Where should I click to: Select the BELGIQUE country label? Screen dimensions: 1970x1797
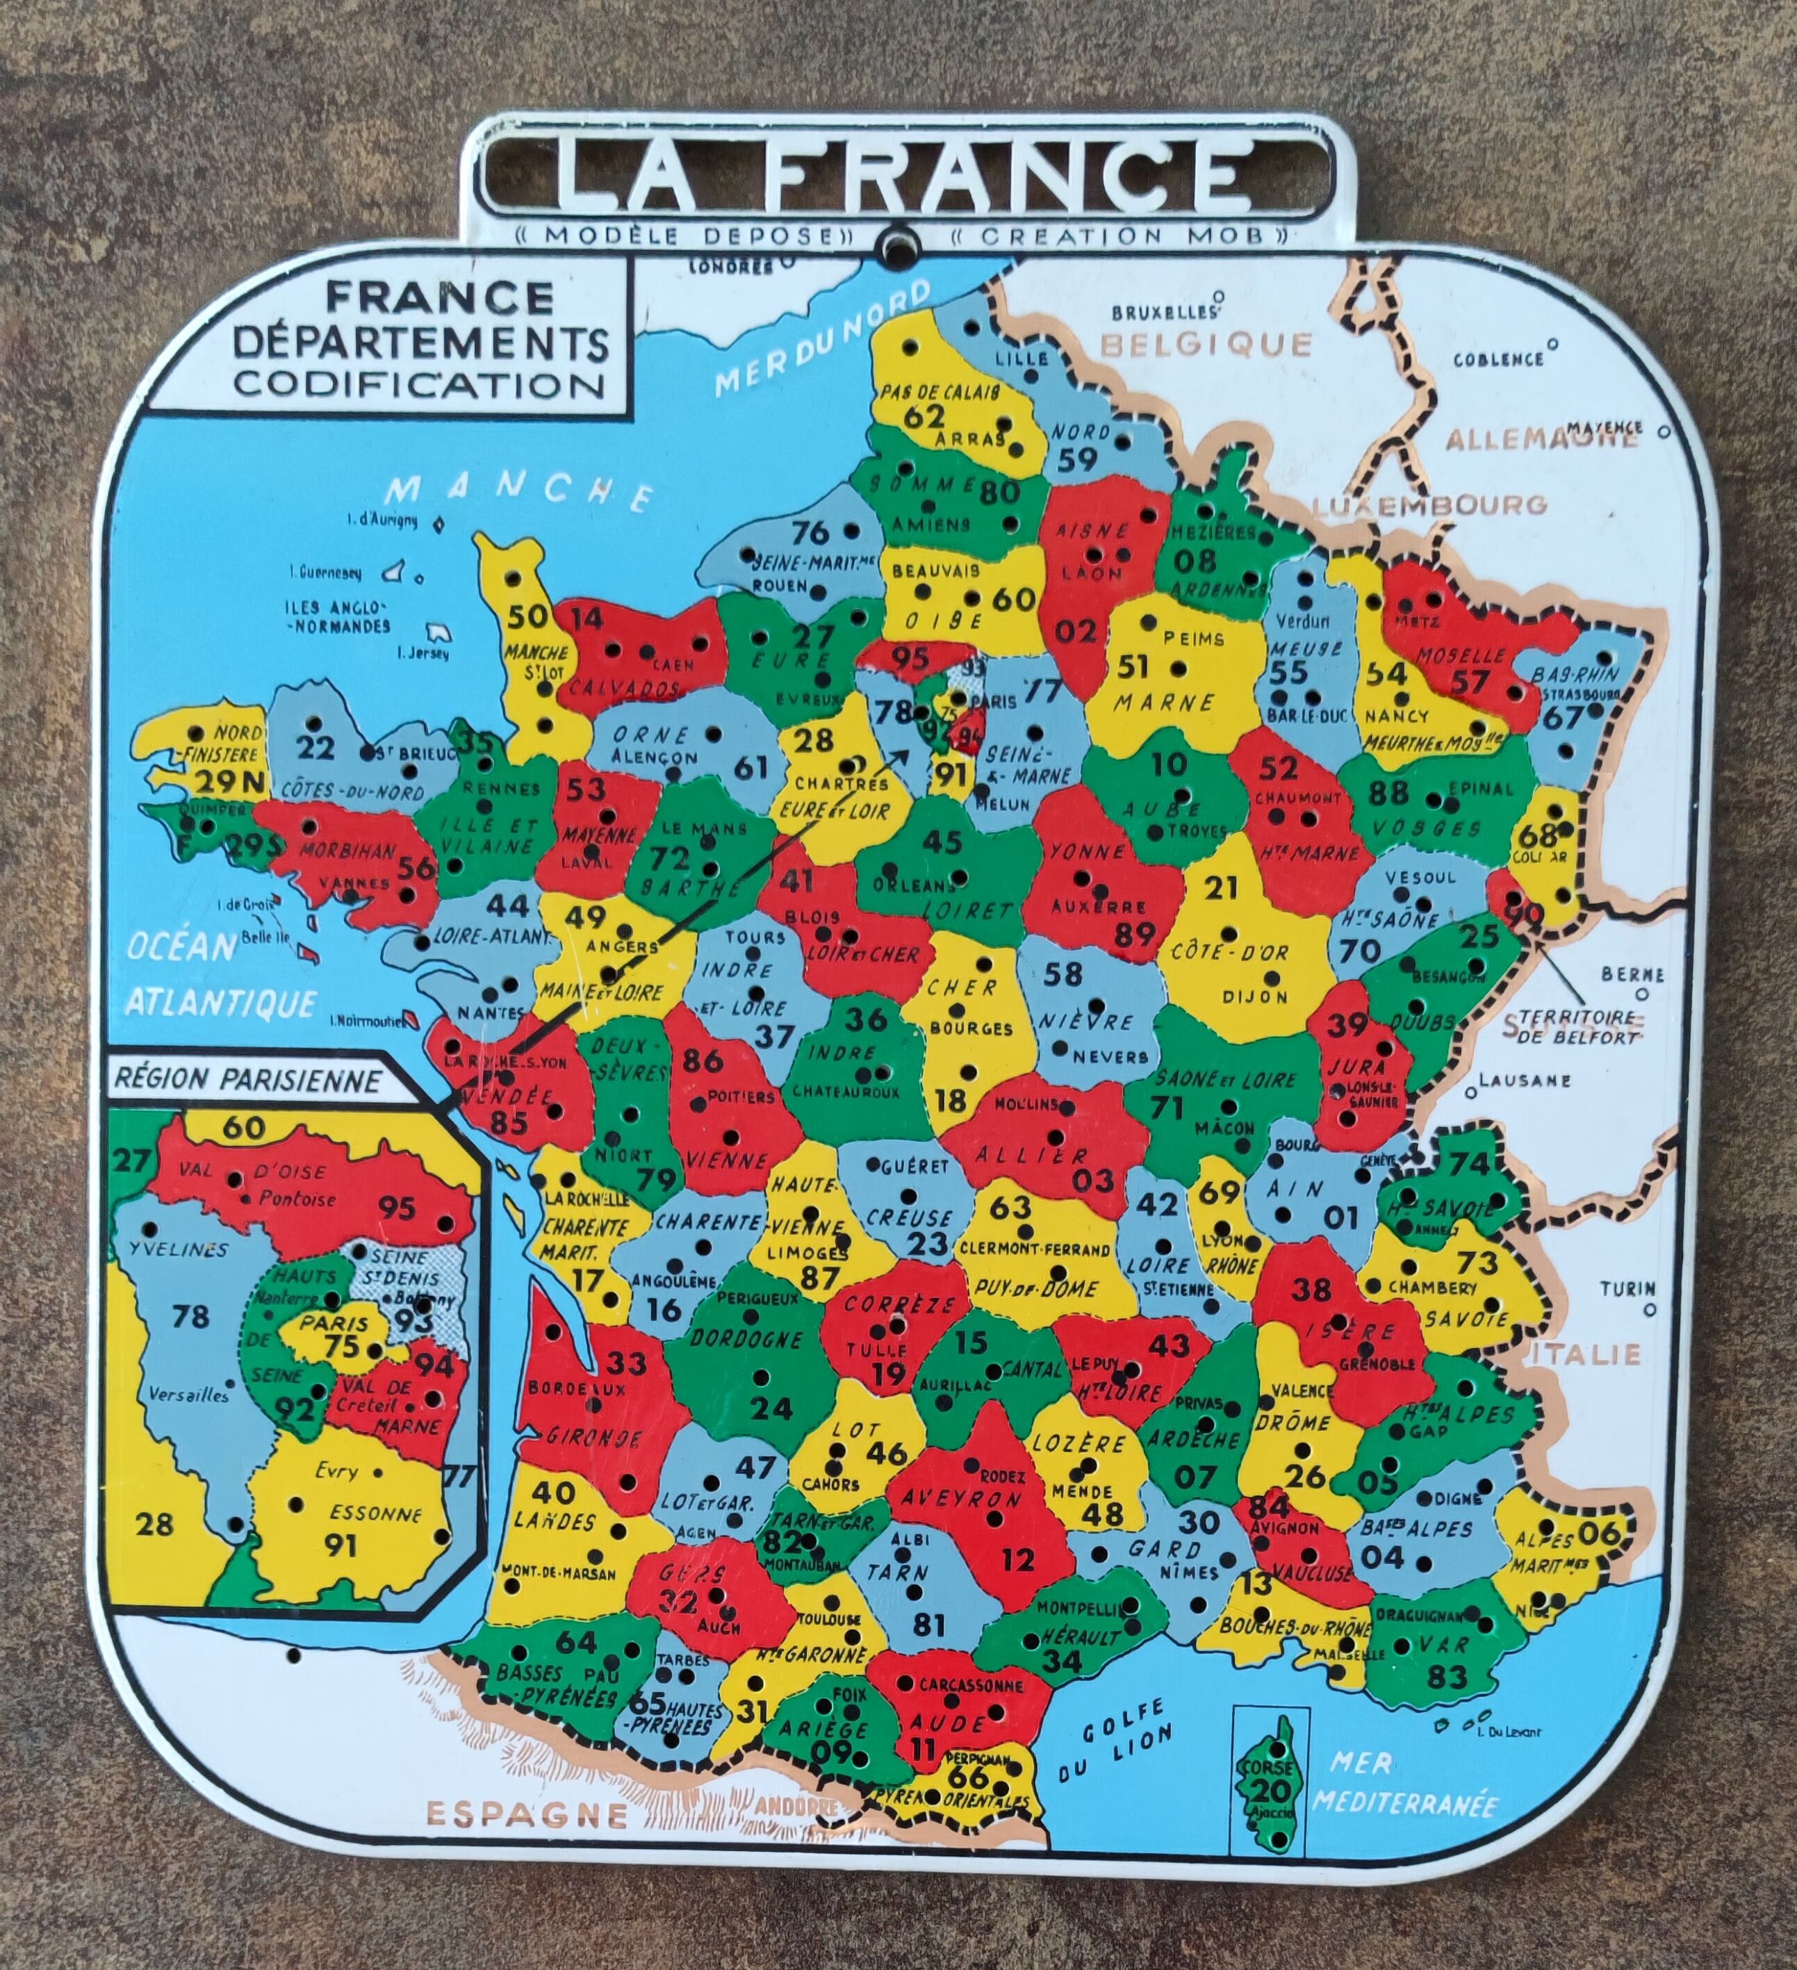click(1206, 344)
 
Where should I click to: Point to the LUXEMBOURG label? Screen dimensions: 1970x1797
click(1429, 505)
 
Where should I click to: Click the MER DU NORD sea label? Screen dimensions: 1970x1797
click(823, 338)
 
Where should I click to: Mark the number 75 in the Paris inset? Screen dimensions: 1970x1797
click(342, 1347)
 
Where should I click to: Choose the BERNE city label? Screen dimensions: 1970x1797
click(1632, 974)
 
